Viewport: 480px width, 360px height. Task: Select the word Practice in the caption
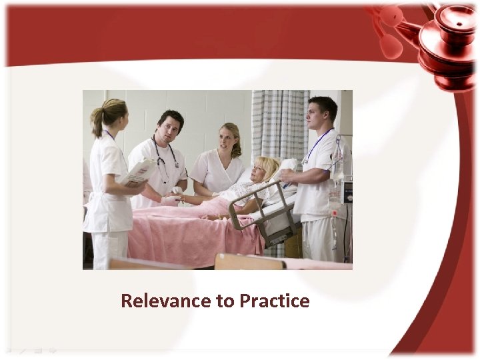[274, 301]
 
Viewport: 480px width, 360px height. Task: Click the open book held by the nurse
[139, 172]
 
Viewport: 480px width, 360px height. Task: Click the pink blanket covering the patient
[187, 230]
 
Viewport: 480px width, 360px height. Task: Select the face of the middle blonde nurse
[227, 141]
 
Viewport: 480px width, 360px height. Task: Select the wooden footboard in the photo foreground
[250, 262]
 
